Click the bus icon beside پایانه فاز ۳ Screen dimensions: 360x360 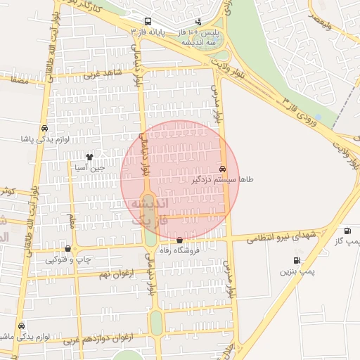click(x=148, y=22)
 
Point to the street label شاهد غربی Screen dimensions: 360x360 click(x=103, y=72)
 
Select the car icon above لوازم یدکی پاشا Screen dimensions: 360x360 click(x=45, y=128)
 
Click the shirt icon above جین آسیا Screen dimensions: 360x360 click(x=89, y=157)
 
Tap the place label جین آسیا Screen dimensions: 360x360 click(x=89, y=168)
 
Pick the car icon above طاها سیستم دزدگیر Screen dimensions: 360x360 click(x=223, y=169)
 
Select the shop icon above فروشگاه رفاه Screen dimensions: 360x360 click(x=180, y=240)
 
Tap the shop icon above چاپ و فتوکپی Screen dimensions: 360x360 click(x=67, y=248)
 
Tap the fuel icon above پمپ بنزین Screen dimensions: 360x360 click(x=297, y=260)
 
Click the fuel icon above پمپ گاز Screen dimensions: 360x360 click(x=347, y=231)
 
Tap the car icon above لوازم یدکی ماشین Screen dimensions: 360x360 click(x=22, y=326)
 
